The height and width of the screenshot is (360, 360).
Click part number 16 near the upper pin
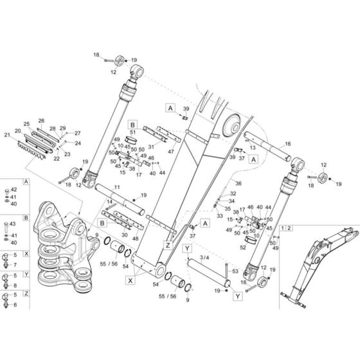287,144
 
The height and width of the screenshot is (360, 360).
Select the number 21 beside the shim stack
8,136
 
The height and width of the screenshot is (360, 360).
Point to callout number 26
41,120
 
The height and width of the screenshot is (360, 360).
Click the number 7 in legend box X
15,264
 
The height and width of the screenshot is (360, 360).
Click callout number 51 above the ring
132,132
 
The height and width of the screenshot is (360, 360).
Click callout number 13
253,147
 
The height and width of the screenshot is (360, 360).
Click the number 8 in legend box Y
15,285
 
